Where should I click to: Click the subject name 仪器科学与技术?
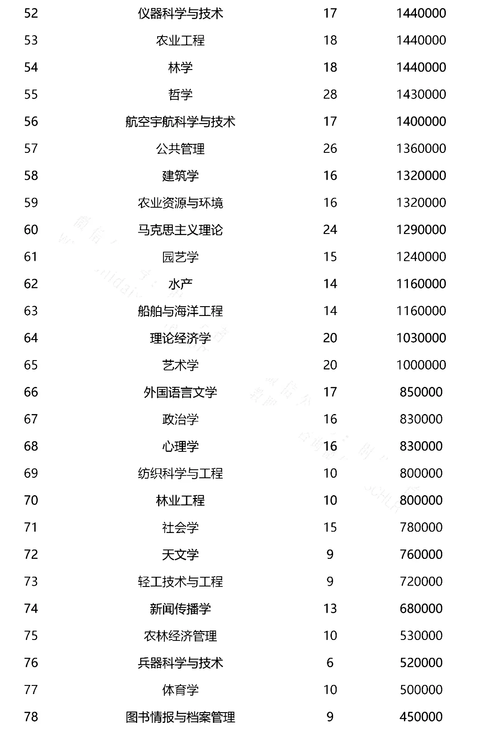coord(180,13)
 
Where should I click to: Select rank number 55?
coord(31,94)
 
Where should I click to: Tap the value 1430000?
coord(421,94)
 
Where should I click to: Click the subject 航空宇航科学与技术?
coord(180,122)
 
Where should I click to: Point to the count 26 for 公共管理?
coord(330,148)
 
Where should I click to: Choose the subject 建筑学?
coord(180,176)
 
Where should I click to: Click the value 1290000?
coord(421,230)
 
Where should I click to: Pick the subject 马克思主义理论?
coord(180,230)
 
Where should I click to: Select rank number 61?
coord(31,257)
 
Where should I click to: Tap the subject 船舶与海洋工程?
coord(180,311)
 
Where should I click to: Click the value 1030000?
coord(421,338)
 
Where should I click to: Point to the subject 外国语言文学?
coord(180,392)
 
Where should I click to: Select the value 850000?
coord(421,392)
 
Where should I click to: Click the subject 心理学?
coord(180,446)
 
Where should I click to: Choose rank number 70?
coord(31,500)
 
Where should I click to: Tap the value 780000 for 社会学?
coord(421,527)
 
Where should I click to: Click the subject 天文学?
coord(180,554)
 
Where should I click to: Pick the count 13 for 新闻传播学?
coord(330,608)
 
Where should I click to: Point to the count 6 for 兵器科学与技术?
coord(330,663)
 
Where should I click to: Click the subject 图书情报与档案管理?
coord(180,717)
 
